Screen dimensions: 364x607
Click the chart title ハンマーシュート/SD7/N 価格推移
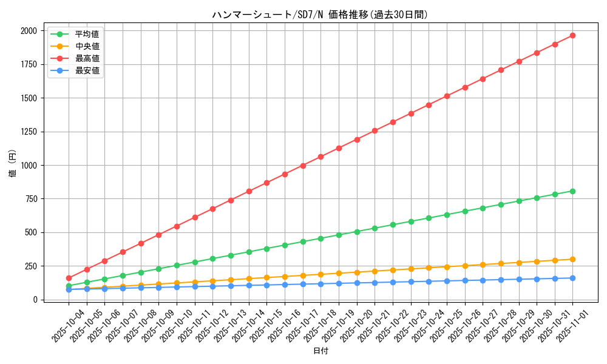[x=320, y=15]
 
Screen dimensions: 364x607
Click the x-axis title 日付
[x=320, y=351]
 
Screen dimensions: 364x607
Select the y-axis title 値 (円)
[x=13, y=165]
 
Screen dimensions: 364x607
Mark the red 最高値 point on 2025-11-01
[x=572, y=35]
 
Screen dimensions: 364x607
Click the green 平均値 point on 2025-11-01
[x=572, y=191]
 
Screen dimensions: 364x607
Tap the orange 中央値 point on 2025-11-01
[x=572, y=259]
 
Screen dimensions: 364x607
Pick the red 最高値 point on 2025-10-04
[x=69, y=278]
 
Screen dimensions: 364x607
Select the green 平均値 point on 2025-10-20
[x=357, y=232]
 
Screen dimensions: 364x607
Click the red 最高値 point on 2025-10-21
[x=375, y=130]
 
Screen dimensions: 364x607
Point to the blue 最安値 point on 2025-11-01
[x=572, y=278]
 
